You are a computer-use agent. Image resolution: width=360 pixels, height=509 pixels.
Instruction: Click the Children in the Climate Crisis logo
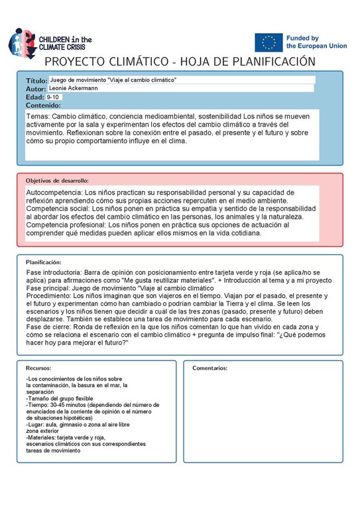click(x=50, y=43)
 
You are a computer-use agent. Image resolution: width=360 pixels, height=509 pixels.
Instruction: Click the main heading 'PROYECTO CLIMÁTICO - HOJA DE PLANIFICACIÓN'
click(x=180, y=62)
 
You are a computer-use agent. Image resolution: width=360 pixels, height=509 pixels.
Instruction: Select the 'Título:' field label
click(x=36, y=80)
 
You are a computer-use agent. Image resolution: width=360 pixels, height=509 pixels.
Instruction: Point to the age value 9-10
click(x=52, y=97)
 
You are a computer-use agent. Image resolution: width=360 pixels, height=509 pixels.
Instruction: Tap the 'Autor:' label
click(x=36, y=89)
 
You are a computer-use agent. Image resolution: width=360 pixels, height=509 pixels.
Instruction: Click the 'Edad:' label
click(x=35, y=97)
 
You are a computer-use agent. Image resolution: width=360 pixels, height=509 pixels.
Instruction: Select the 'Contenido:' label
click(x=43, y=105)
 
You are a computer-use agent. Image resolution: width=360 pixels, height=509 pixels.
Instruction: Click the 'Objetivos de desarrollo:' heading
click(x=56, y=180)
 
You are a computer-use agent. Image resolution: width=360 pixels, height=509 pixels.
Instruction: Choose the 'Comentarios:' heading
click(x=210, y=368)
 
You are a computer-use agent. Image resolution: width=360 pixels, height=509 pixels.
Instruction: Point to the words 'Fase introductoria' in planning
click(x=53, y=273)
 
